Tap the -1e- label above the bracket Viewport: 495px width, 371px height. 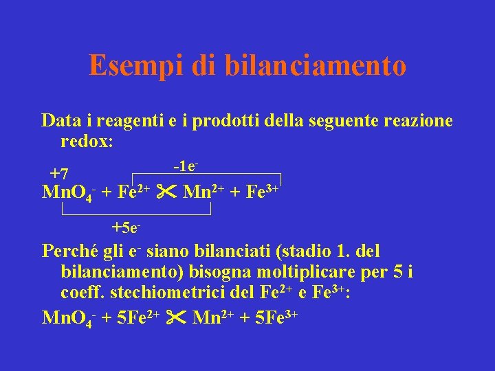pos(186,166)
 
